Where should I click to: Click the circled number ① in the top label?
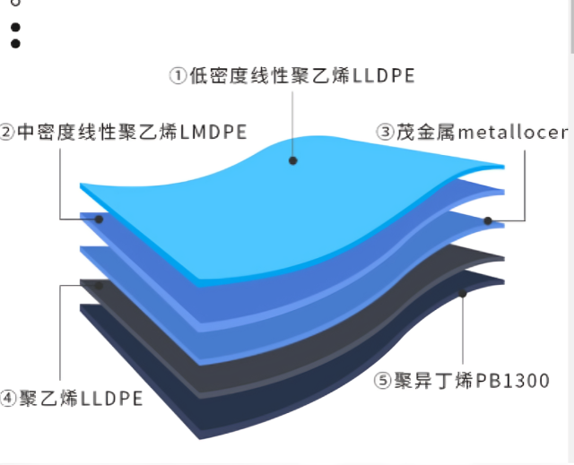178,75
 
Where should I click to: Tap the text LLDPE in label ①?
384,75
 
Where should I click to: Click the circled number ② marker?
6,132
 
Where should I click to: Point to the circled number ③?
386,132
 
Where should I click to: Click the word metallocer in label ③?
513,132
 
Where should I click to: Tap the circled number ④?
7,398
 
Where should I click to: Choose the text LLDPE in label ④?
111,399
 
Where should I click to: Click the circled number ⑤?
383,380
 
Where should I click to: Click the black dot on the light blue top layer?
293,160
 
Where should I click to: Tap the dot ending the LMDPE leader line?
99,220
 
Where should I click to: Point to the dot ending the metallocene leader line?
488,220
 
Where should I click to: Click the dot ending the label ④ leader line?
99,286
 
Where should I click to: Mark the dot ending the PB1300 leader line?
463,293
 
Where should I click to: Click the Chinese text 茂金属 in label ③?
426,132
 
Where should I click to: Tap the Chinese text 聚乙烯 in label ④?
48,399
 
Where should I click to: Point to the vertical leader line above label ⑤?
463,331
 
